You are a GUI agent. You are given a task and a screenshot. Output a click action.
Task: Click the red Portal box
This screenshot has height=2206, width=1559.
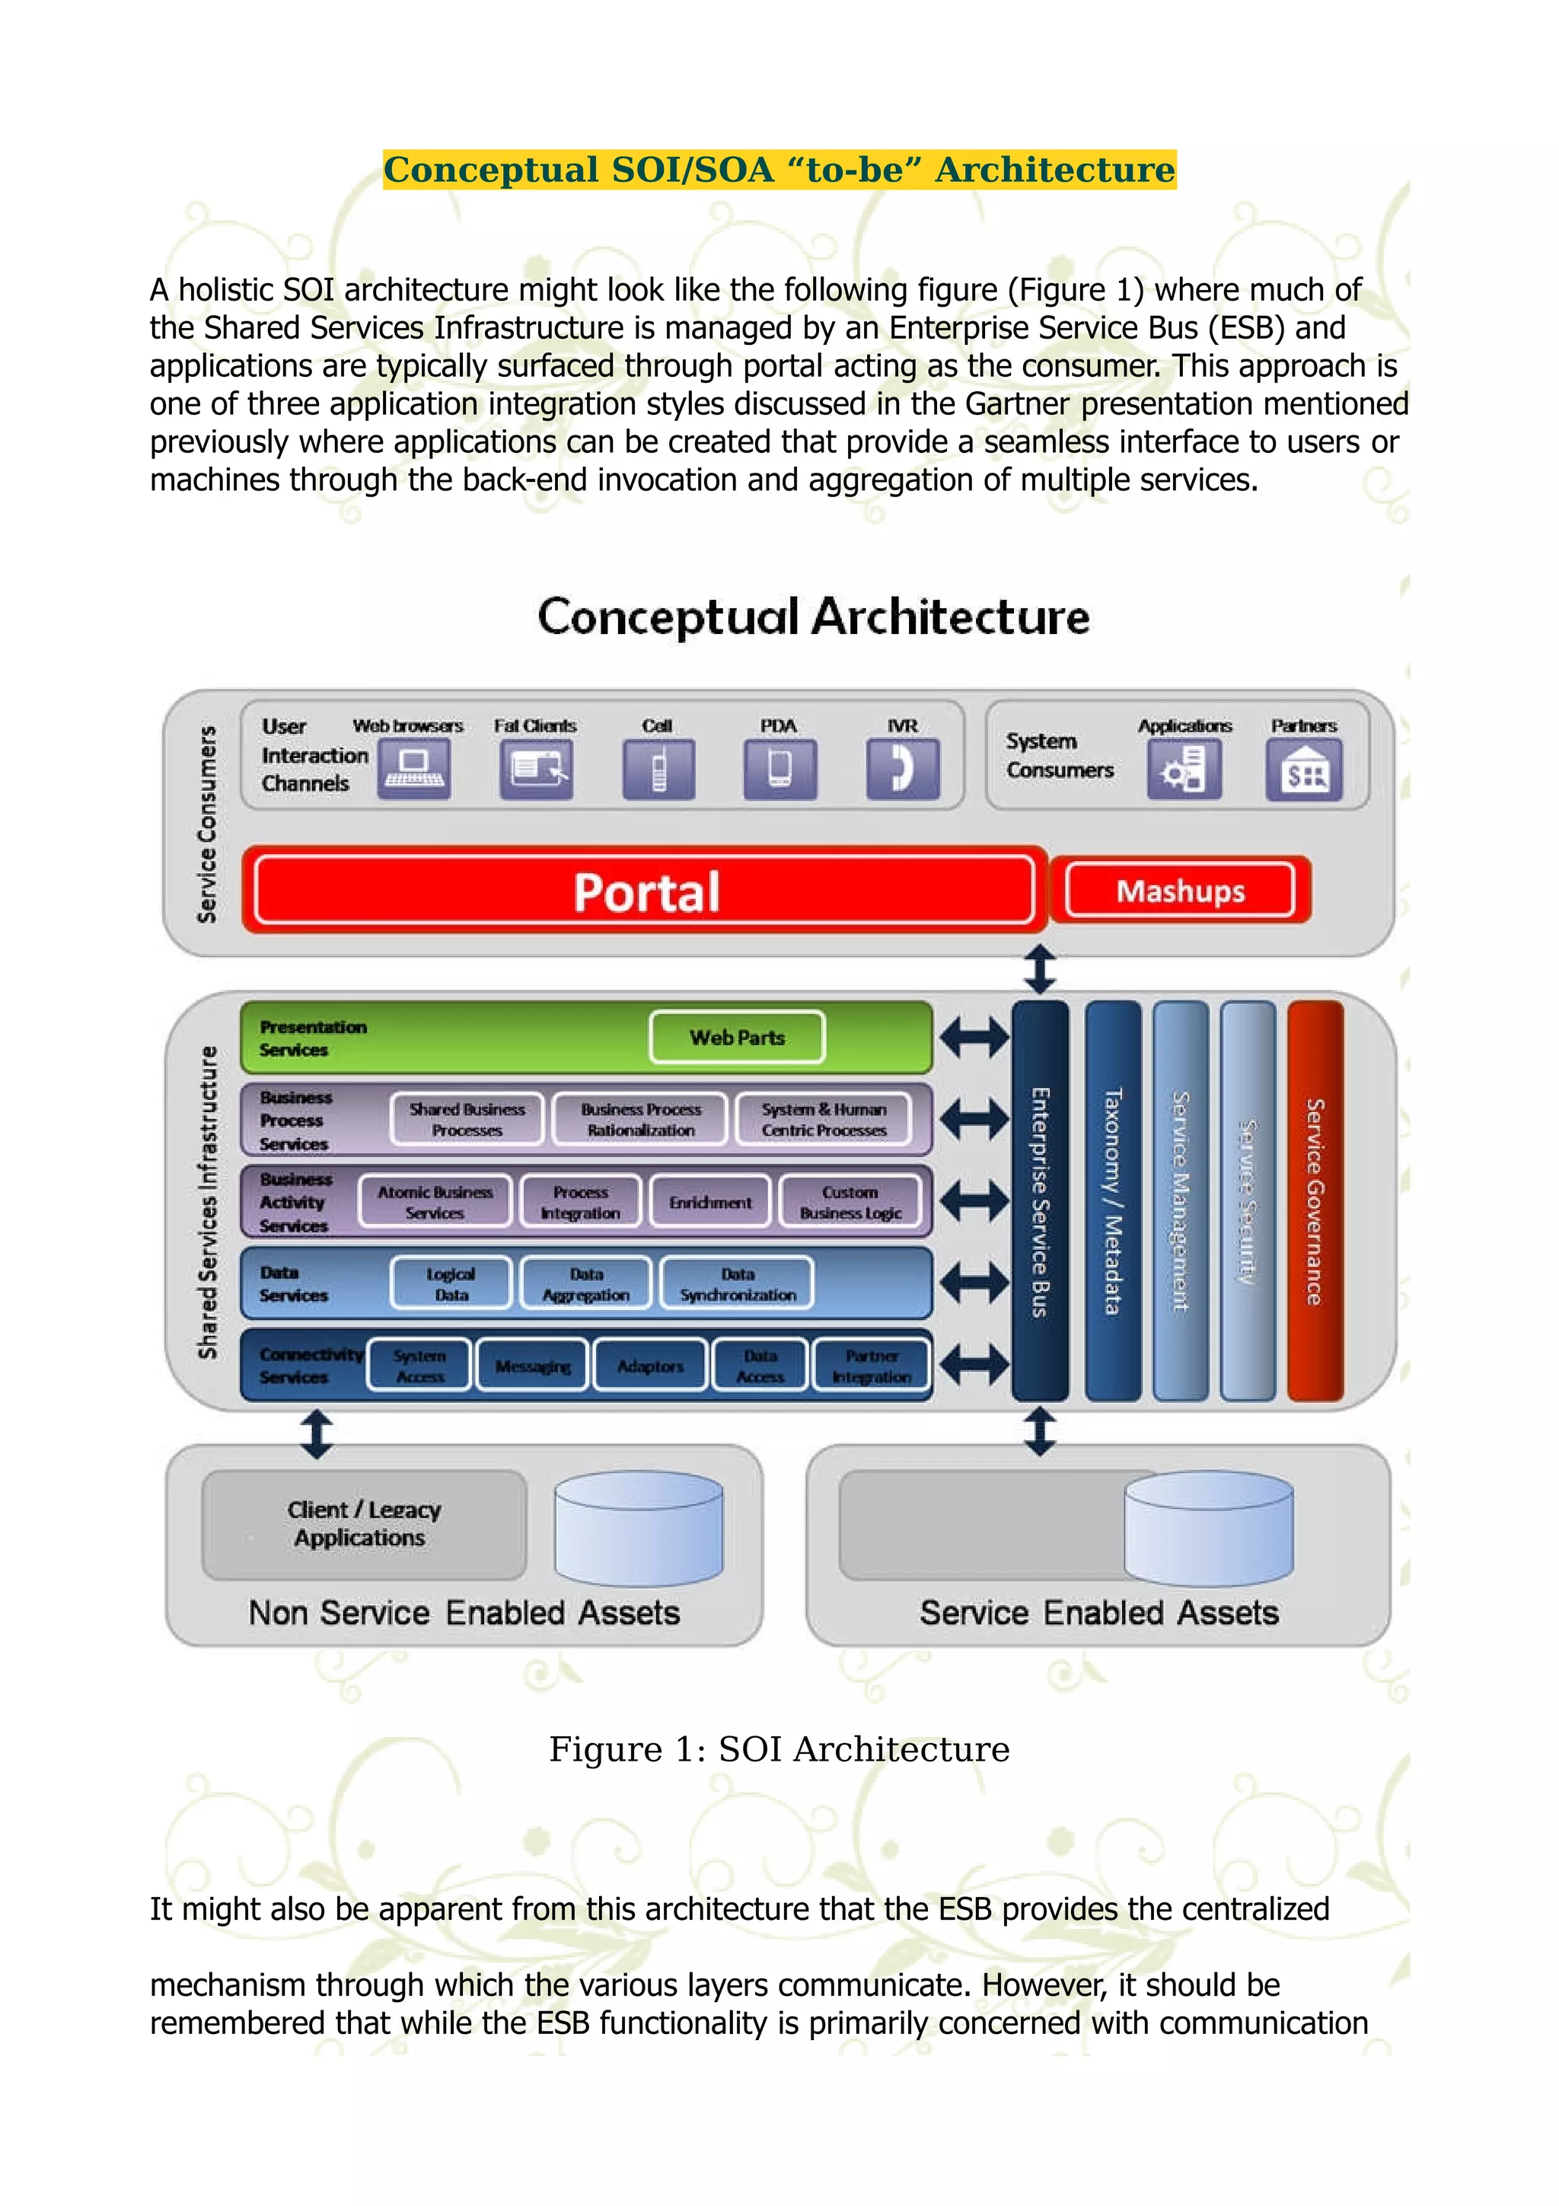(646, 891)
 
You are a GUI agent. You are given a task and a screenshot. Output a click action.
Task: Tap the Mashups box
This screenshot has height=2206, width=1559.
(1180, 891)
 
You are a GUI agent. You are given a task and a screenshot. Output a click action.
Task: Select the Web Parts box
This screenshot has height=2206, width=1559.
(737, 1038)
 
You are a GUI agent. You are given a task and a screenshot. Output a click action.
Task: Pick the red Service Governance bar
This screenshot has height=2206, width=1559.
(1314, 1201)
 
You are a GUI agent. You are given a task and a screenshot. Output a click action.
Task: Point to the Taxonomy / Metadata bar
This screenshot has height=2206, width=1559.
(1112, 1201)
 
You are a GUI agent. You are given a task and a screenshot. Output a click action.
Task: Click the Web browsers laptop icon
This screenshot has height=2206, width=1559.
(414, 770)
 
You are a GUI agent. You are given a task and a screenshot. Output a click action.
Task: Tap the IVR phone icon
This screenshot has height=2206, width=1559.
(902, 770)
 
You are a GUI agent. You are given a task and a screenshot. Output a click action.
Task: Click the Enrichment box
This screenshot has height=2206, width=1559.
(710, 1202)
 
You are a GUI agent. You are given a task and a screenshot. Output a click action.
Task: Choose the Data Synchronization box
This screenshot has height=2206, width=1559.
(737, 1283)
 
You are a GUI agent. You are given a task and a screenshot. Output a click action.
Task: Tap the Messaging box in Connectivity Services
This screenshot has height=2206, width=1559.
(532, 1366)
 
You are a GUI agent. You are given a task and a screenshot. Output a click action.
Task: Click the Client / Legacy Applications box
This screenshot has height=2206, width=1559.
(364, 1524)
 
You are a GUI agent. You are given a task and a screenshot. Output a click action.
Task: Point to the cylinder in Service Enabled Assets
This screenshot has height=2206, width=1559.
(1207, 1529)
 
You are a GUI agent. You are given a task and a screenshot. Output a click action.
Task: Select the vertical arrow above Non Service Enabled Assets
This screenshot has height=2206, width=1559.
(317, 1433)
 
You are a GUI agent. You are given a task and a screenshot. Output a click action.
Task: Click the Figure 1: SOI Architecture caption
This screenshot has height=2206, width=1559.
(779, 1749)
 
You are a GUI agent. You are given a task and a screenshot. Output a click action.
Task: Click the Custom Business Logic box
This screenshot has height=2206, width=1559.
(850, 1202)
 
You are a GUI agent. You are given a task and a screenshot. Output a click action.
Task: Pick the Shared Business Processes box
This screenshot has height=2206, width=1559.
(467, 1119)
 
